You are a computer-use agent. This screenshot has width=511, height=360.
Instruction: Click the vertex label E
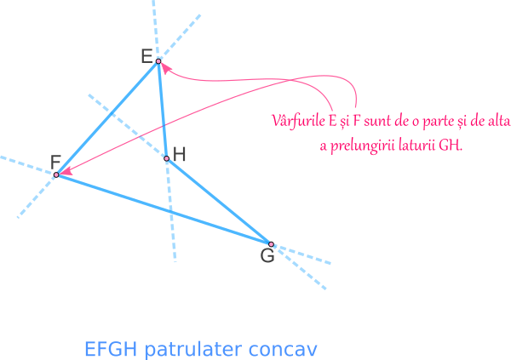coord(147,57)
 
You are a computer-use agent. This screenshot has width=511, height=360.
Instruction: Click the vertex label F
coord(56,162)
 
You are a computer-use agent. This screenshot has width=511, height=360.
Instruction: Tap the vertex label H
coord(179,154)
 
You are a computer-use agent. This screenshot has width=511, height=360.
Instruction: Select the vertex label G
coord(267,255)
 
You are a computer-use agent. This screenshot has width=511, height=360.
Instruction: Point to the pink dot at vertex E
coord(158,62)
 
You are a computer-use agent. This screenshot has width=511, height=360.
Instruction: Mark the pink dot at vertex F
coord(56,174)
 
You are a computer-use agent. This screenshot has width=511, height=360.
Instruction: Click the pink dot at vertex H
coord(167,157)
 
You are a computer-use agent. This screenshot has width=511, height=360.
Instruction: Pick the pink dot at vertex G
coord(271,243)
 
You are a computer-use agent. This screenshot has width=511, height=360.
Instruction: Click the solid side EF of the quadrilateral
coord(107,118)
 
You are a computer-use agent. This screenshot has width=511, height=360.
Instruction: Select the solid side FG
coord(162,209)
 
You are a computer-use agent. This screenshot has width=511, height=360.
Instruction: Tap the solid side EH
coord(162,109)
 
